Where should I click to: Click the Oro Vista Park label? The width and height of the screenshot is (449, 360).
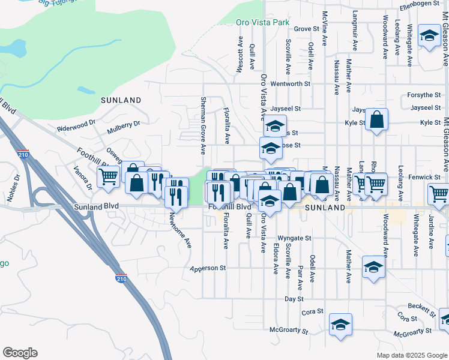tap(262, 22)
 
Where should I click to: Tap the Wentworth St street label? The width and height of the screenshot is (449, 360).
tap(291, 84)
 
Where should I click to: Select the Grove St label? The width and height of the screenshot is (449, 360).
tap(306, 28)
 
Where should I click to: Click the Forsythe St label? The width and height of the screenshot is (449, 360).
tap(423, 95)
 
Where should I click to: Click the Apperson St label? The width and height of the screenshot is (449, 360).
tap(207, 268)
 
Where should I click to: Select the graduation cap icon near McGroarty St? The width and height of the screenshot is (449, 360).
tap(340, 324)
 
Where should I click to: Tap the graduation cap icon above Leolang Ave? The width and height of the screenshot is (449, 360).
tap(430, 35)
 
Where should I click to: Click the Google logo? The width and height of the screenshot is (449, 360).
tap(20, 353)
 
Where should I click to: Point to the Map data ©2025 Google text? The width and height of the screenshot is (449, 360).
tap(411, 355)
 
